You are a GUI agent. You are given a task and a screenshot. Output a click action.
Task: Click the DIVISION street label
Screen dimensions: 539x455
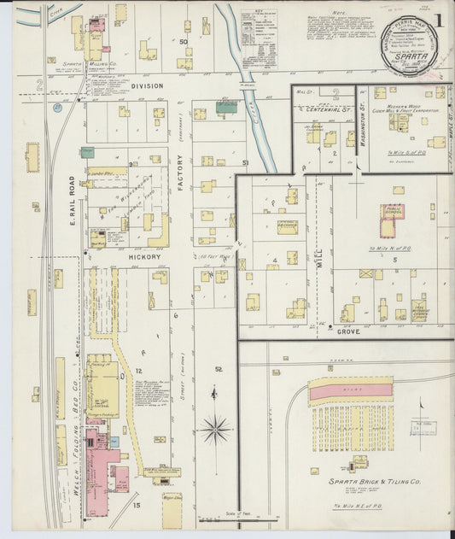pyautogui.click(x=145, y=85)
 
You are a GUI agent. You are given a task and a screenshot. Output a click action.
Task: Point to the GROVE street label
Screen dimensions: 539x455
pyautogui.click(x=347, y=330)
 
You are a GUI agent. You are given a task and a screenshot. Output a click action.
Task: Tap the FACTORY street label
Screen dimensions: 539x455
pyautogui.click(x=181, y=184)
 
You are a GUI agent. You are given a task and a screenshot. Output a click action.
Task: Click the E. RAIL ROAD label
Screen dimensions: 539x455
pyautogui.click(x=73, y=202)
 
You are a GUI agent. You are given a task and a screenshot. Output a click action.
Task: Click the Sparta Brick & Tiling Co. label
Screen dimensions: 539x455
pyautogui.click(x=376, y=482)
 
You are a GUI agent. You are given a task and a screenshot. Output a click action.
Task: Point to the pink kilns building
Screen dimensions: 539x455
pyautogui.click(x=350, y=390)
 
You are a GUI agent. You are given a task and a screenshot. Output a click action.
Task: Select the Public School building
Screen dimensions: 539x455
pyautogui.click(x=393, y=217)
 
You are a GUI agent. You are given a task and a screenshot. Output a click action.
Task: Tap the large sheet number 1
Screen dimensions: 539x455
pyautogui.click(x=438, y=20)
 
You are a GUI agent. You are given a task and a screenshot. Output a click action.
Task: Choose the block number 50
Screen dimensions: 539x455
pyautogui.click(x=184, y=41)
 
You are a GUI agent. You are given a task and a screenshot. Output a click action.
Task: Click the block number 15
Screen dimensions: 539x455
pyautogui.click(x=136, y=506)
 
